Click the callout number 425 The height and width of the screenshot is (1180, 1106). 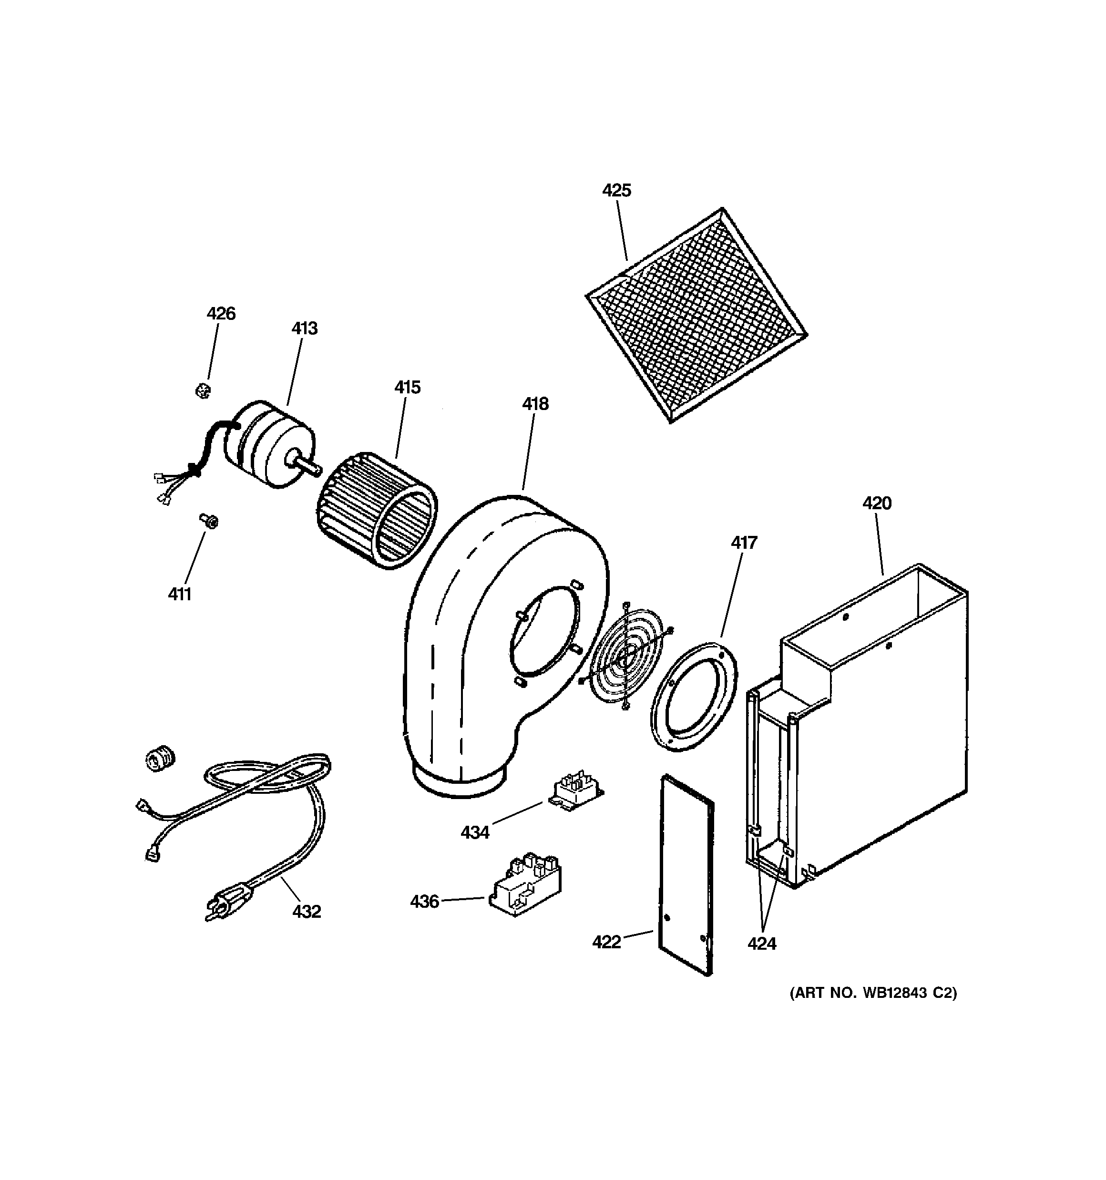point(616,191)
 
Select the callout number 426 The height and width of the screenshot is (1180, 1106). point(221,313)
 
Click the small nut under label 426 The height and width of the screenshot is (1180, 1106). point(203,390)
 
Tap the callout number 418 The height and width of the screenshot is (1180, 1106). point(535,404)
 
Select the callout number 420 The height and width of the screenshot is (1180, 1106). point(876,503)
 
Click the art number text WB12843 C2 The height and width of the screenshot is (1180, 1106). point(873,993)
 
